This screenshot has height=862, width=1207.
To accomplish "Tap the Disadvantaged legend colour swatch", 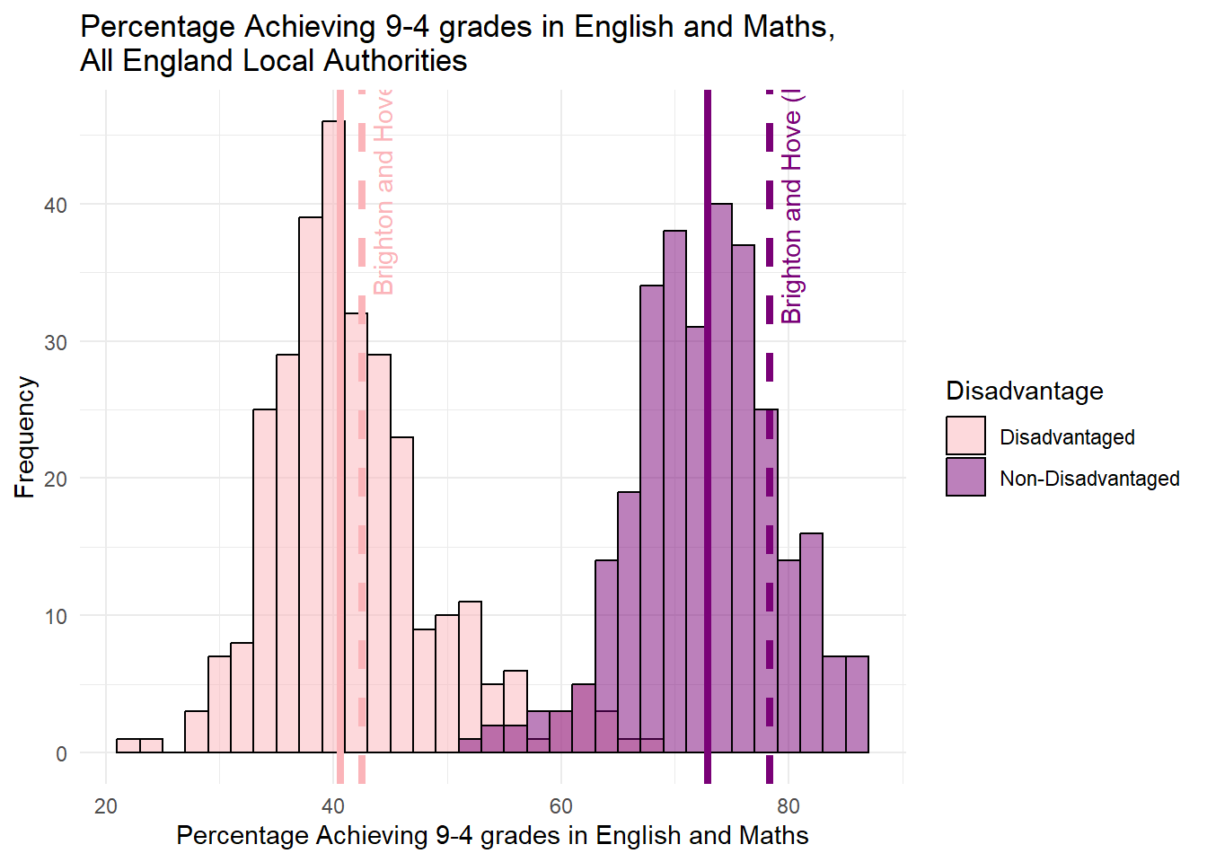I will (x=965, y=436).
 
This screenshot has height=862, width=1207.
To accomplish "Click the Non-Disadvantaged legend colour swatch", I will (x=965, y=478).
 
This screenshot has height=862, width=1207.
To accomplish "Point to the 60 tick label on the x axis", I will (x=561, y=806).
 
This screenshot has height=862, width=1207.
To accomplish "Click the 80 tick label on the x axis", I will (x=789, y=806).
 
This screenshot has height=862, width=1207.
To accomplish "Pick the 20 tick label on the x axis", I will (x=106, y=806).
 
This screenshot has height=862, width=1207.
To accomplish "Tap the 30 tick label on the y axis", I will (x=56, y=342).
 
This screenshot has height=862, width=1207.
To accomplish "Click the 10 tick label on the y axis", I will (x=56, y=617).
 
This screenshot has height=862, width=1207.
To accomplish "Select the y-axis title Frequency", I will (x=25, y=437).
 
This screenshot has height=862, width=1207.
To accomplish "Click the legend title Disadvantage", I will (x=1024, y=391).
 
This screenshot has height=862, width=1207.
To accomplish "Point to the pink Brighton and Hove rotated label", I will (x=383, y=193).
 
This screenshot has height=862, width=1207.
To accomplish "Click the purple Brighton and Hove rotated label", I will (x=791, y=207).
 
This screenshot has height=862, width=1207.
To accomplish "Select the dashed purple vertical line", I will (x=770, y=539).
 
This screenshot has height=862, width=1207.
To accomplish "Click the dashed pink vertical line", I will (x=362, y=539).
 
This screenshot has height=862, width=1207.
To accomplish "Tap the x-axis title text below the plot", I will (x=492, y=836).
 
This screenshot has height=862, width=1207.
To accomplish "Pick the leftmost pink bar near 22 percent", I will (x=128, y=746).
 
